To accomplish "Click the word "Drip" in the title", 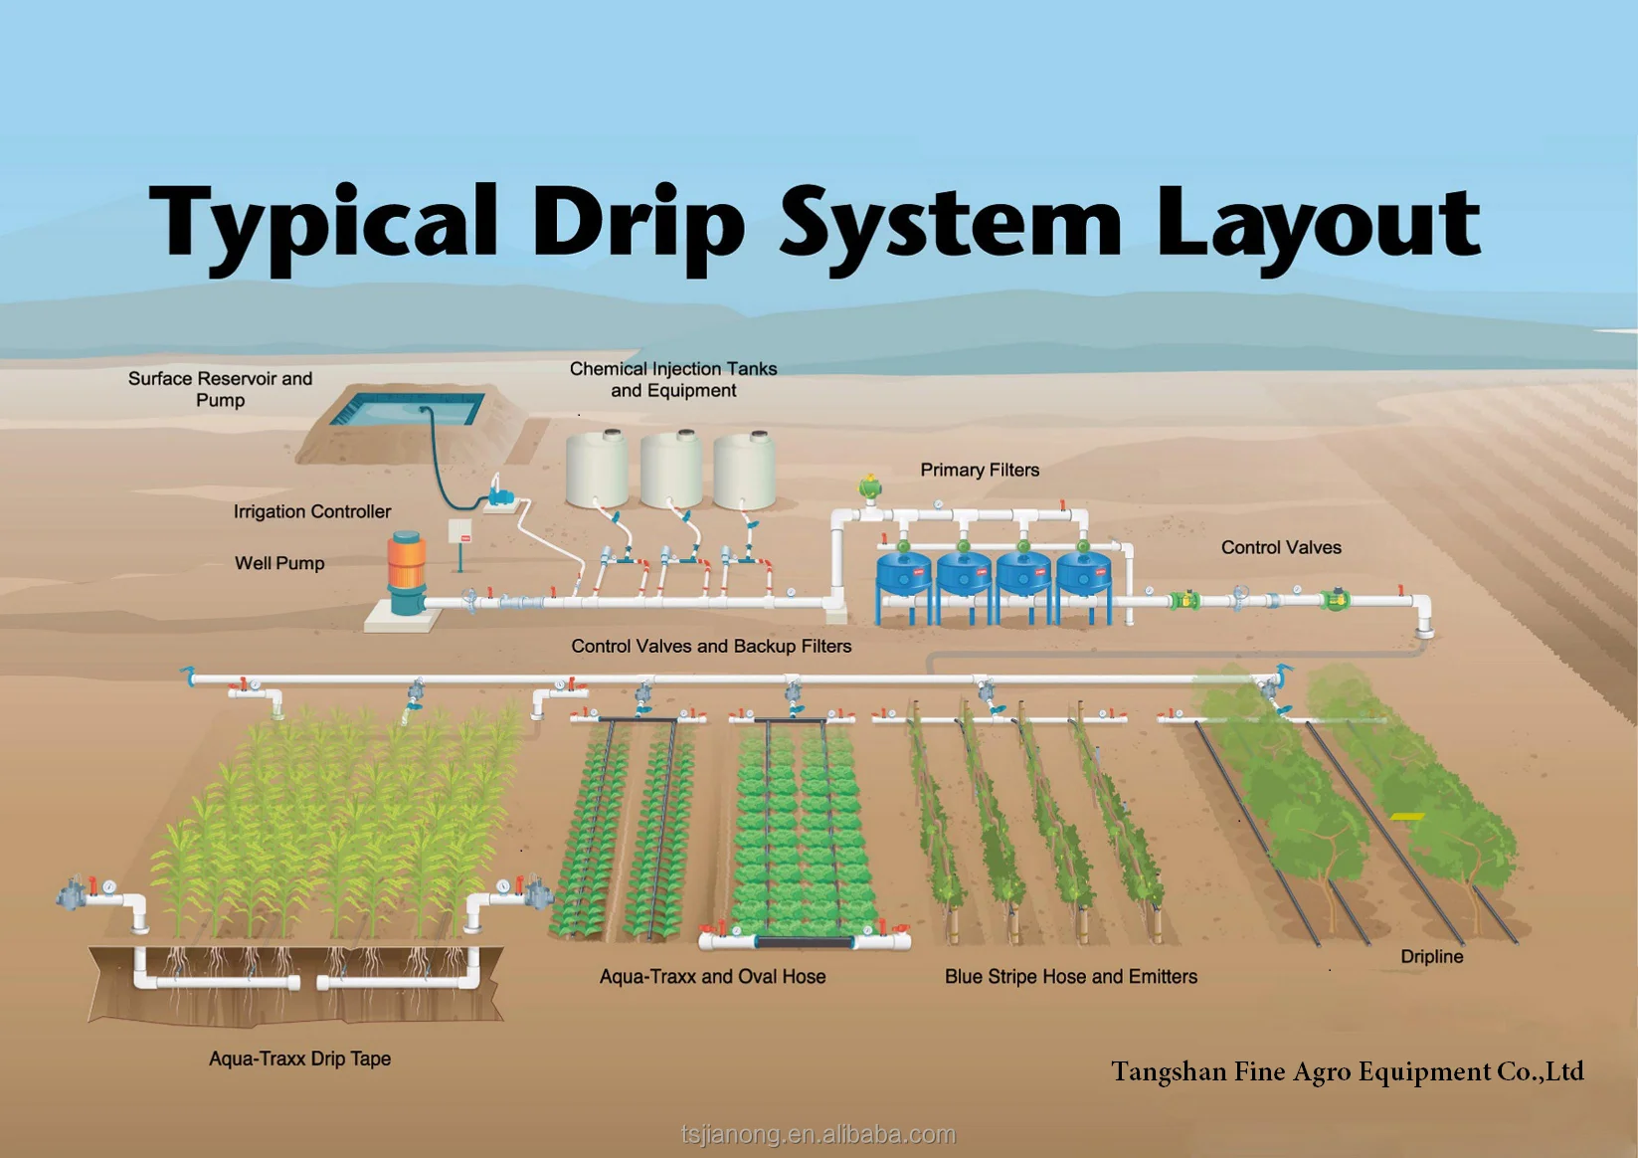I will click(x=637, y=223).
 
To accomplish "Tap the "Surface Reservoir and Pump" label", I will click(x=220, y=389).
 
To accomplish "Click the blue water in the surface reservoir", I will click(x=408, y=409).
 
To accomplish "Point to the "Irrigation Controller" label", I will click(x=311, y=511).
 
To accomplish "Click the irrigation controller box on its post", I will click(x=459, y=533).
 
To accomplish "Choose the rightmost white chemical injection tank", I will click(x=744, y=471).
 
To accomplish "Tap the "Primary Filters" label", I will click(x=980, y=470).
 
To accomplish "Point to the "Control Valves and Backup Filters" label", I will click(x=711, y=646).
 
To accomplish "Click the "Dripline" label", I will click(x=1431, y=956).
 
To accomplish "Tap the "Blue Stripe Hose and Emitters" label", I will click(x=1070, y=977).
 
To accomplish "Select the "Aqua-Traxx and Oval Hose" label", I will click(x=712, y=977).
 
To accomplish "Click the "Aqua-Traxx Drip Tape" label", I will click(x=299, y=1059).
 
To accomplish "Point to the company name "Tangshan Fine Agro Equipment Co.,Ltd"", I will click(x=1347, y=1071).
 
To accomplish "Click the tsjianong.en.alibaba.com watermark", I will click(x=819, y=1134).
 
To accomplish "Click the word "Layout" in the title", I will click(x=1317, y=223).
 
